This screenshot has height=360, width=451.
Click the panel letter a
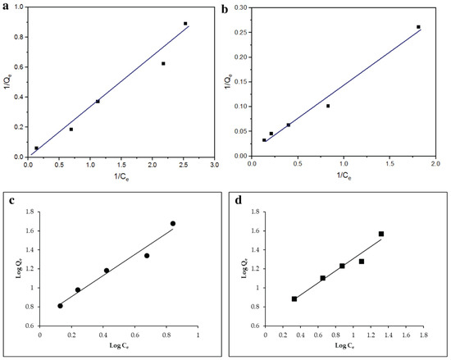tap(6, 7)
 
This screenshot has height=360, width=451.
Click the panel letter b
tap(225, 9)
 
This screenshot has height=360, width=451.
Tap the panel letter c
tap(11, 200)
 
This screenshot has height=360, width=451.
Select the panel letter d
tap(239, 200)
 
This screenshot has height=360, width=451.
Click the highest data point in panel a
tap(185, 24)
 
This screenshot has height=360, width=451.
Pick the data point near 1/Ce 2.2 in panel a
tap(163, 63)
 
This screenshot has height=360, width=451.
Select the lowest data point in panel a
tap(37, 148)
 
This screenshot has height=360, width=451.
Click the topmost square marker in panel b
tap(418, 27)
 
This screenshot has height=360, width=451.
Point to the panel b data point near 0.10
tap(328, 106)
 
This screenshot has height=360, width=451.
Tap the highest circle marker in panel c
tap(173, 223)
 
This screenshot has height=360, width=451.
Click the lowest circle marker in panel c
tap(60, 306)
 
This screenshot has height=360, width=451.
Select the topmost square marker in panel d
tap(381, 234)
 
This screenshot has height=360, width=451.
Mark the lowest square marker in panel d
tap(294, 299)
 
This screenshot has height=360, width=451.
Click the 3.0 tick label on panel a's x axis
tap(215, 165)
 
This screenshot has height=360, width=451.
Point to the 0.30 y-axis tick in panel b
tap(241, 7)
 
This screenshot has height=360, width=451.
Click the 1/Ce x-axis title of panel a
tap(121, 177)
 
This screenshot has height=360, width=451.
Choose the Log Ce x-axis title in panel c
tap(119, 345)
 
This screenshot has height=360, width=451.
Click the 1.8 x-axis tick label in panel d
tap(424, 335)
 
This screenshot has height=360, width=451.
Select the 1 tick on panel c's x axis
tap(198, 335)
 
